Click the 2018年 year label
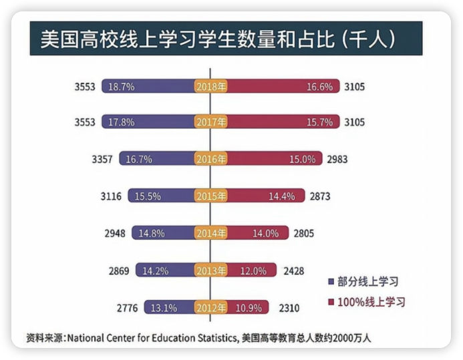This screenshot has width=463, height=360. pyautogui.click(x=211, y=87)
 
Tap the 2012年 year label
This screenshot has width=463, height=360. pyautogui.click(x=211, y=308)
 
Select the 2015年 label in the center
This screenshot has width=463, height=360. pyautogui.click(x=211, y=197)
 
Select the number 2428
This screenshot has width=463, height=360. pyautogui.click(x=294, y=271)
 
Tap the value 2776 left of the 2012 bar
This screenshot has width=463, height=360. pyautogui.click(x=127, y=308)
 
